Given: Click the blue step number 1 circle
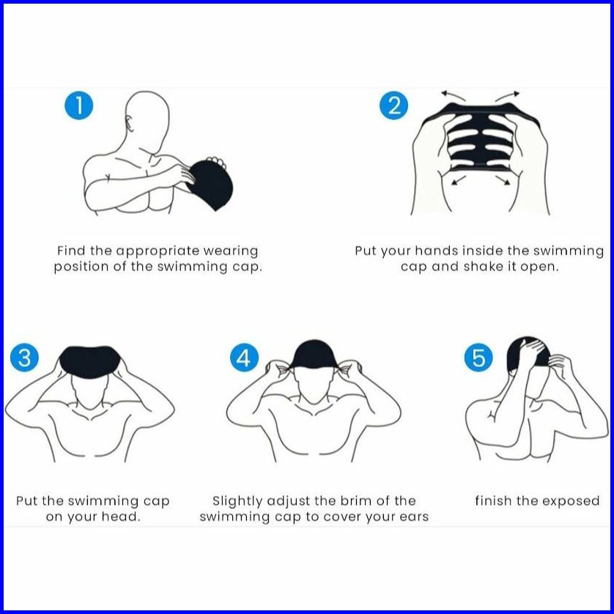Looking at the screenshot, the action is tap(79, 106).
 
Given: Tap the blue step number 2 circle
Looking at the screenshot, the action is tap(394, 106).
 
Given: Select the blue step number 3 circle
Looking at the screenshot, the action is tap(25, 358).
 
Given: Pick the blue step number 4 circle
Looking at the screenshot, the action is tap(244, 358).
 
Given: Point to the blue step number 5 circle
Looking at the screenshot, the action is tap(478, 358).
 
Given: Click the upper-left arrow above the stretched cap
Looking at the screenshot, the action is tap(453, 95).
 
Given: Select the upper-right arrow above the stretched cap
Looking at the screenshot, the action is tap(508, 96).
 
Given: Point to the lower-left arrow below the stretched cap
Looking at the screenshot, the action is tap(459, 180).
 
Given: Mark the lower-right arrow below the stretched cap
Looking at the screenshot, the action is tap(503, 180).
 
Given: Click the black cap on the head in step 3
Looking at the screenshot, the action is tap(90, 362).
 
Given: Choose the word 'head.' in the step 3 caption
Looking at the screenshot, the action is tap(121, 517).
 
